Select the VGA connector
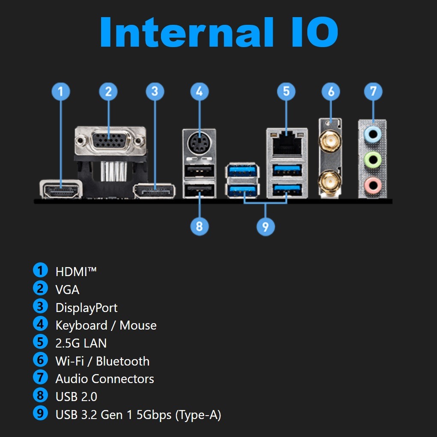[109, 140]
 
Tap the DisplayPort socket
[155, 191]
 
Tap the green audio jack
[372, 160]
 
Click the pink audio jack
[372, 185]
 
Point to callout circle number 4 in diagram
[199, 91]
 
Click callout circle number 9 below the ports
[265, 226]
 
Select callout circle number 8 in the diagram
[199, 226]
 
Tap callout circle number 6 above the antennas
[330, 91]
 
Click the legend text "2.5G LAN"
[81, 343]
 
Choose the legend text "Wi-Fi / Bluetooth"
[102, 361]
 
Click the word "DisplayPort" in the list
[86, 308]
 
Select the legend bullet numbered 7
[40, 378]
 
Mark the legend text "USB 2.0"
[76, 397]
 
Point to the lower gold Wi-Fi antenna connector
[330, 180]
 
